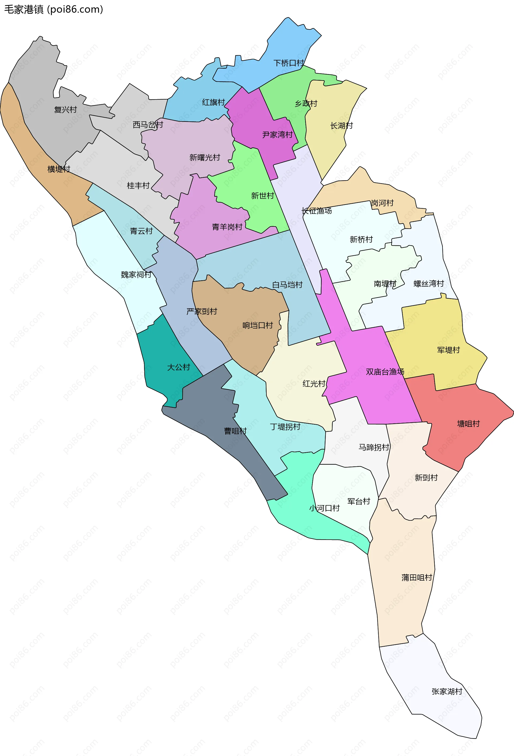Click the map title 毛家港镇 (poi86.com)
coord(54,9)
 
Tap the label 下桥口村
coord(289,63)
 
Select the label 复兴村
coord(66,110)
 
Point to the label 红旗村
coord(213,102)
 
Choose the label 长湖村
coord(341,126)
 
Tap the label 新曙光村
coord(205,158)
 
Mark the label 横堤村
coord(59,169)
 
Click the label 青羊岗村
coord(227,227)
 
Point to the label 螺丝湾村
coord(429,284)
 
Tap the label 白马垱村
coord(287,285)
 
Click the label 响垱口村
coord(257,325)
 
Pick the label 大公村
coord(179,367)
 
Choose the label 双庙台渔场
coord(385,372)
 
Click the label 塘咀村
coord(468,424)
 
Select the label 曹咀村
coord(235,431)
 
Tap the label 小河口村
coord(324,508)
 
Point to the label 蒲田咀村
coord(417,577)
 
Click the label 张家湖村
coord(447,692)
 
